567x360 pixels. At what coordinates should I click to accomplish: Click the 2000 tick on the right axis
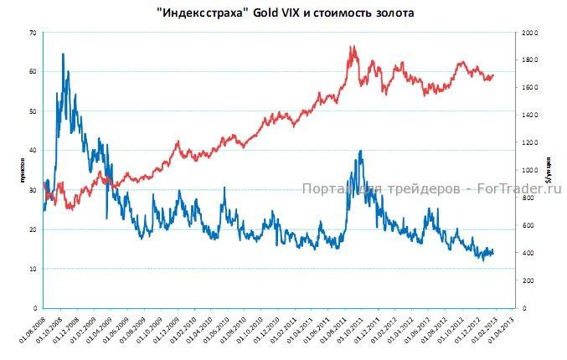coord(528,33)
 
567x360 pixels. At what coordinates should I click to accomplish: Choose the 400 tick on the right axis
coord(528,253)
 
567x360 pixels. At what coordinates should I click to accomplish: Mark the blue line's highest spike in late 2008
coord(63,54)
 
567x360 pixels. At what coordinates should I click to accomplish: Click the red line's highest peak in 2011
coord(353,47)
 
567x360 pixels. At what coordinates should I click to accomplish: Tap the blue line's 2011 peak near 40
coord(360,152)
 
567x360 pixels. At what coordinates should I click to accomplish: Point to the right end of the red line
coord(493,75)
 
